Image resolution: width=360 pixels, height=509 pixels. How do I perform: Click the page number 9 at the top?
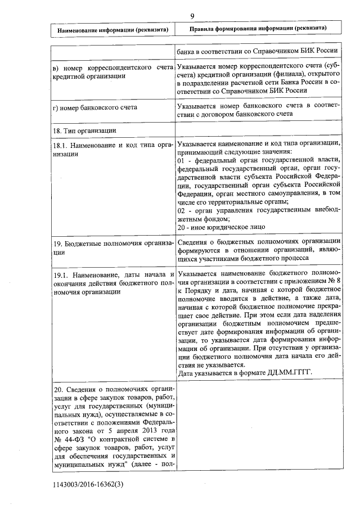[192, 16]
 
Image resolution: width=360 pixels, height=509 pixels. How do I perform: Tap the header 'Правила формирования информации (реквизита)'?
[258, 28]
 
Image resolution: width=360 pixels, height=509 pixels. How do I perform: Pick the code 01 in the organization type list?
[181, 160]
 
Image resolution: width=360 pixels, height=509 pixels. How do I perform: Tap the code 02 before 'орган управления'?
[181, 210]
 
